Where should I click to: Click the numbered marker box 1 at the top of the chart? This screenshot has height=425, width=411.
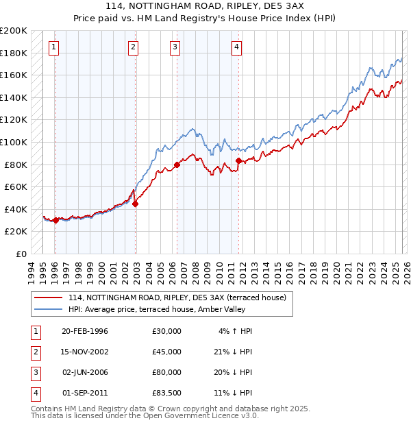[53, 47]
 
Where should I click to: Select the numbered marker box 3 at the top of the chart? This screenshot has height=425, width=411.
[175, 47]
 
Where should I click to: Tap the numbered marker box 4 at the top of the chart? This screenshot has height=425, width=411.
[236, 47]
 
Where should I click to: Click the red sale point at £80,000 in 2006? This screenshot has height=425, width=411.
[177, 165]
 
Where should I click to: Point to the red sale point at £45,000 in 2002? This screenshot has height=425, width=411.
[136, 204]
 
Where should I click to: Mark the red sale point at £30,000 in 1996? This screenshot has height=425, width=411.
[55, 220]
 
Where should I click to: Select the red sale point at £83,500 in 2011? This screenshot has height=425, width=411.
[238, 160]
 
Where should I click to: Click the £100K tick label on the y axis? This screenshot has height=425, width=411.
[14, 142]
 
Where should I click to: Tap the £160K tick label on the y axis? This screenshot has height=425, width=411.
[14, 75]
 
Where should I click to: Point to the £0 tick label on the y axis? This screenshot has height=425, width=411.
[22, 254]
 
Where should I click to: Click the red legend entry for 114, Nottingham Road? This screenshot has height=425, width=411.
[181, 297]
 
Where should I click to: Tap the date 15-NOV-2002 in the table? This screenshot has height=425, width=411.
[85, 352]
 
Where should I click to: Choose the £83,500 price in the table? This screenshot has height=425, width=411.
[166, 393]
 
